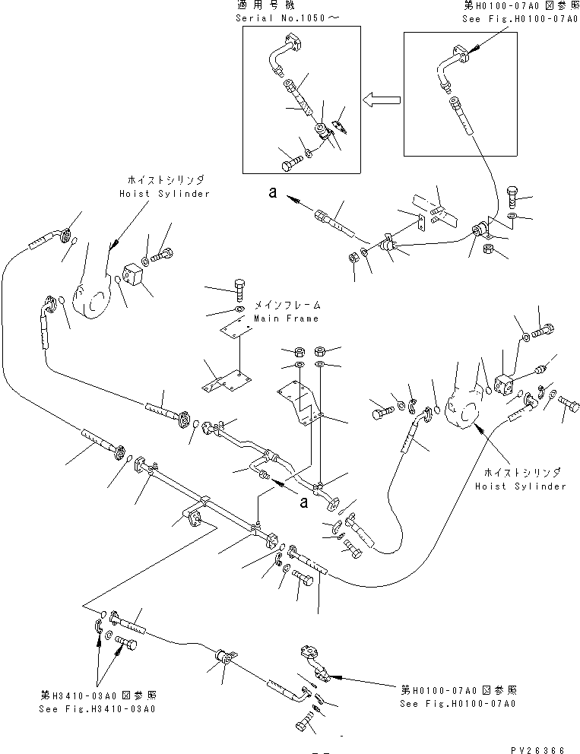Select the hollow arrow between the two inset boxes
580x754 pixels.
(382, 100)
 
